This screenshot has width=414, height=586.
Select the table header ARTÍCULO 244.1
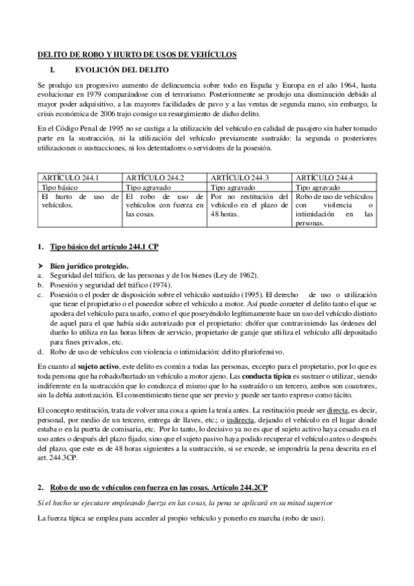pyautogui.click(x=70, y=178)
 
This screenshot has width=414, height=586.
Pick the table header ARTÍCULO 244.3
pyautogui.click(x=240, y=178)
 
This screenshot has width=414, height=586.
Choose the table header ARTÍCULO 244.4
pyautogui.click(x=324, y=178)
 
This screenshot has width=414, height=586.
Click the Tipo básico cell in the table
pyautogui.click(x=60, y=187)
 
